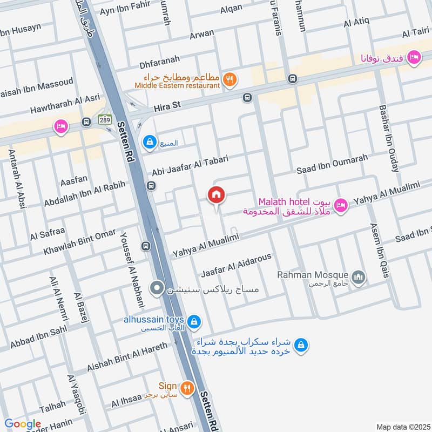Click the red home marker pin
[x=217, y=196]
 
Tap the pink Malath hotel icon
[x=340, y=205]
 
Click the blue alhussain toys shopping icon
[x=195, y=323]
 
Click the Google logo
[x=23, y=424]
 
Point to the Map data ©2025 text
[x=402, y=427]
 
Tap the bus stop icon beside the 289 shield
[x=86, y=123]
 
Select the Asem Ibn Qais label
[x=379, y=251]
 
